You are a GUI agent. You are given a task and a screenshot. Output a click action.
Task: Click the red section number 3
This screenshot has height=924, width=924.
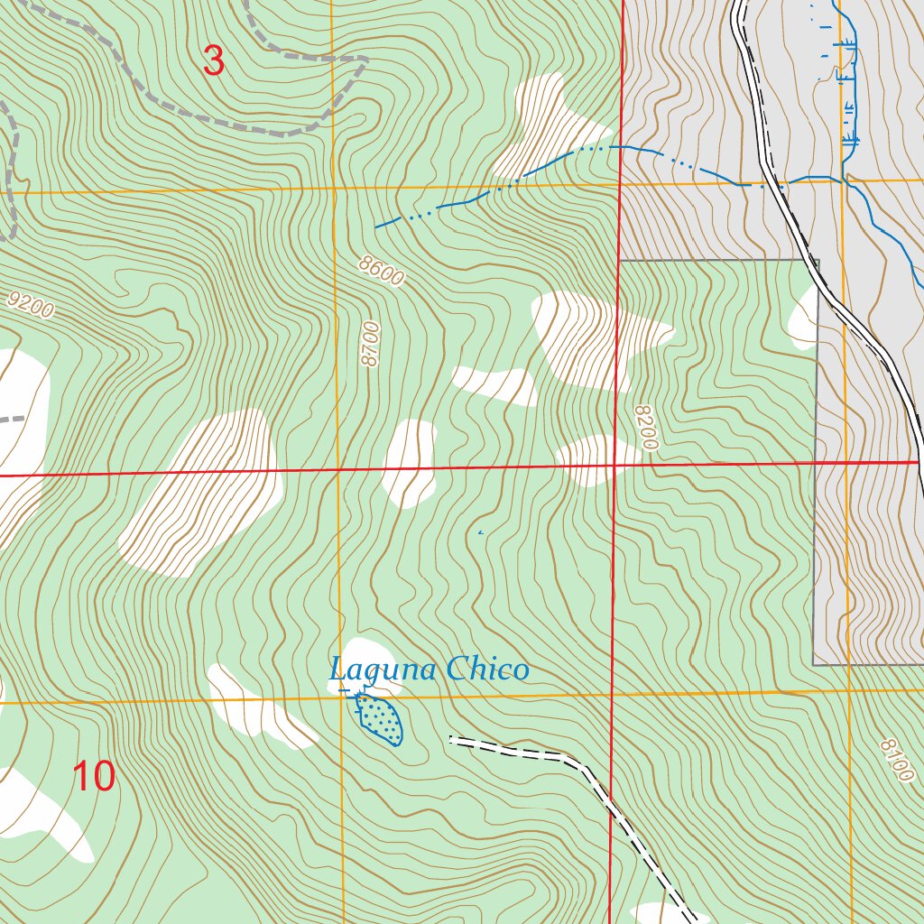click(x=213, y=60)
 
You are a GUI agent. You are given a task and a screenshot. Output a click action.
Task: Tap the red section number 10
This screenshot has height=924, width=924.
click(x=94, y=776)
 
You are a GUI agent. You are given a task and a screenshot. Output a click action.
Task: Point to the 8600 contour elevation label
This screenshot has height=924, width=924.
click(x=380, y=271)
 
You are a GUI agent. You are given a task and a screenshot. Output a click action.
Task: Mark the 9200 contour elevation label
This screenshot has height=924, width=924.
click(x=28, y=304)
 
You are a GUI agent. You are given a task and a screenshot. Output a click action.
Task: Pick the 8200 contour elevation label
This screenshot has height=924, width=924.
click(x=646, y=427)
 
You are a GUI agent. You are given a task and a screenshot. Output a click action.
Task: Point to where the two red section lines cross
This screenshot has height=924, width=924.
click(x=614, y=466)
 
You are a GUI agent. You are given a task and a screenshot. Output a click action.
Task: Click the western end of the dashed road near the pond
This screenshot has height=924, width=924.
click(x=451, y=740)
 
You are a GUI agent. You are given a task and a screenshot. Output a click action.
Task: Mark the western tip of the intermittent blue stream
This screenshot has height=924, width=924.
click(x=376, y=226)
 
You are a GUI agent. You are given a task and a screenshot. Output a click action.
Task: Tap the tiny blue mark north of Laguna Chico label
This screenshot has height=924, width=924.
click(x=480, y=533)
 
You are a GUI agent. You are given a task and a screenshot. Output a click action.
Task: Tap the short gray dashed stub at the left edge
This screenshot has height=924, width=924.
click(x=11, y=420)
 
